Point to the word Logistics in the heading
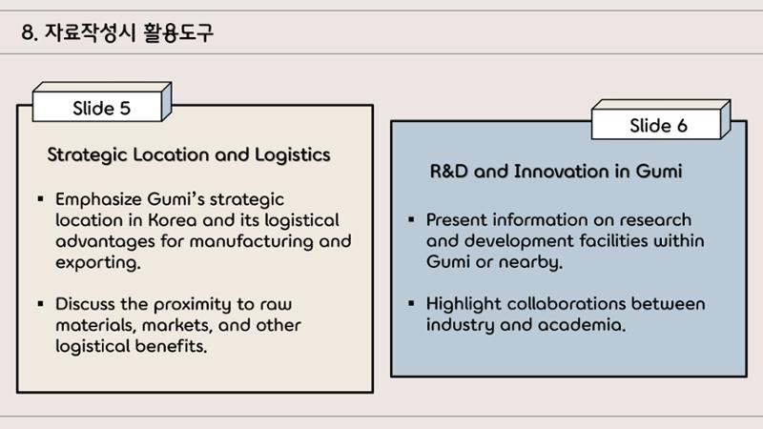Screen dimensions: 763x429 (293, 154)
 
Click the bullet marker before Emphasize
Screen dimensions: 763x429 (40, 198)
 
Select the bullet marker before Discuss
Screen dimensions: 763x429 (40, 304)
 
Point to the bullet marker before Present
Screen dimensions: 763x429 (411, 219)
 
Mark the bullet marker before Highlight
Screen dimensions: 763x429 (411, 303)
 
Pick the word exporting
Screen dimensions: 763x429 (98, 263)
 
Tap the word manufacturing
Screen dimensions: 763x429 (252, 242)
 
